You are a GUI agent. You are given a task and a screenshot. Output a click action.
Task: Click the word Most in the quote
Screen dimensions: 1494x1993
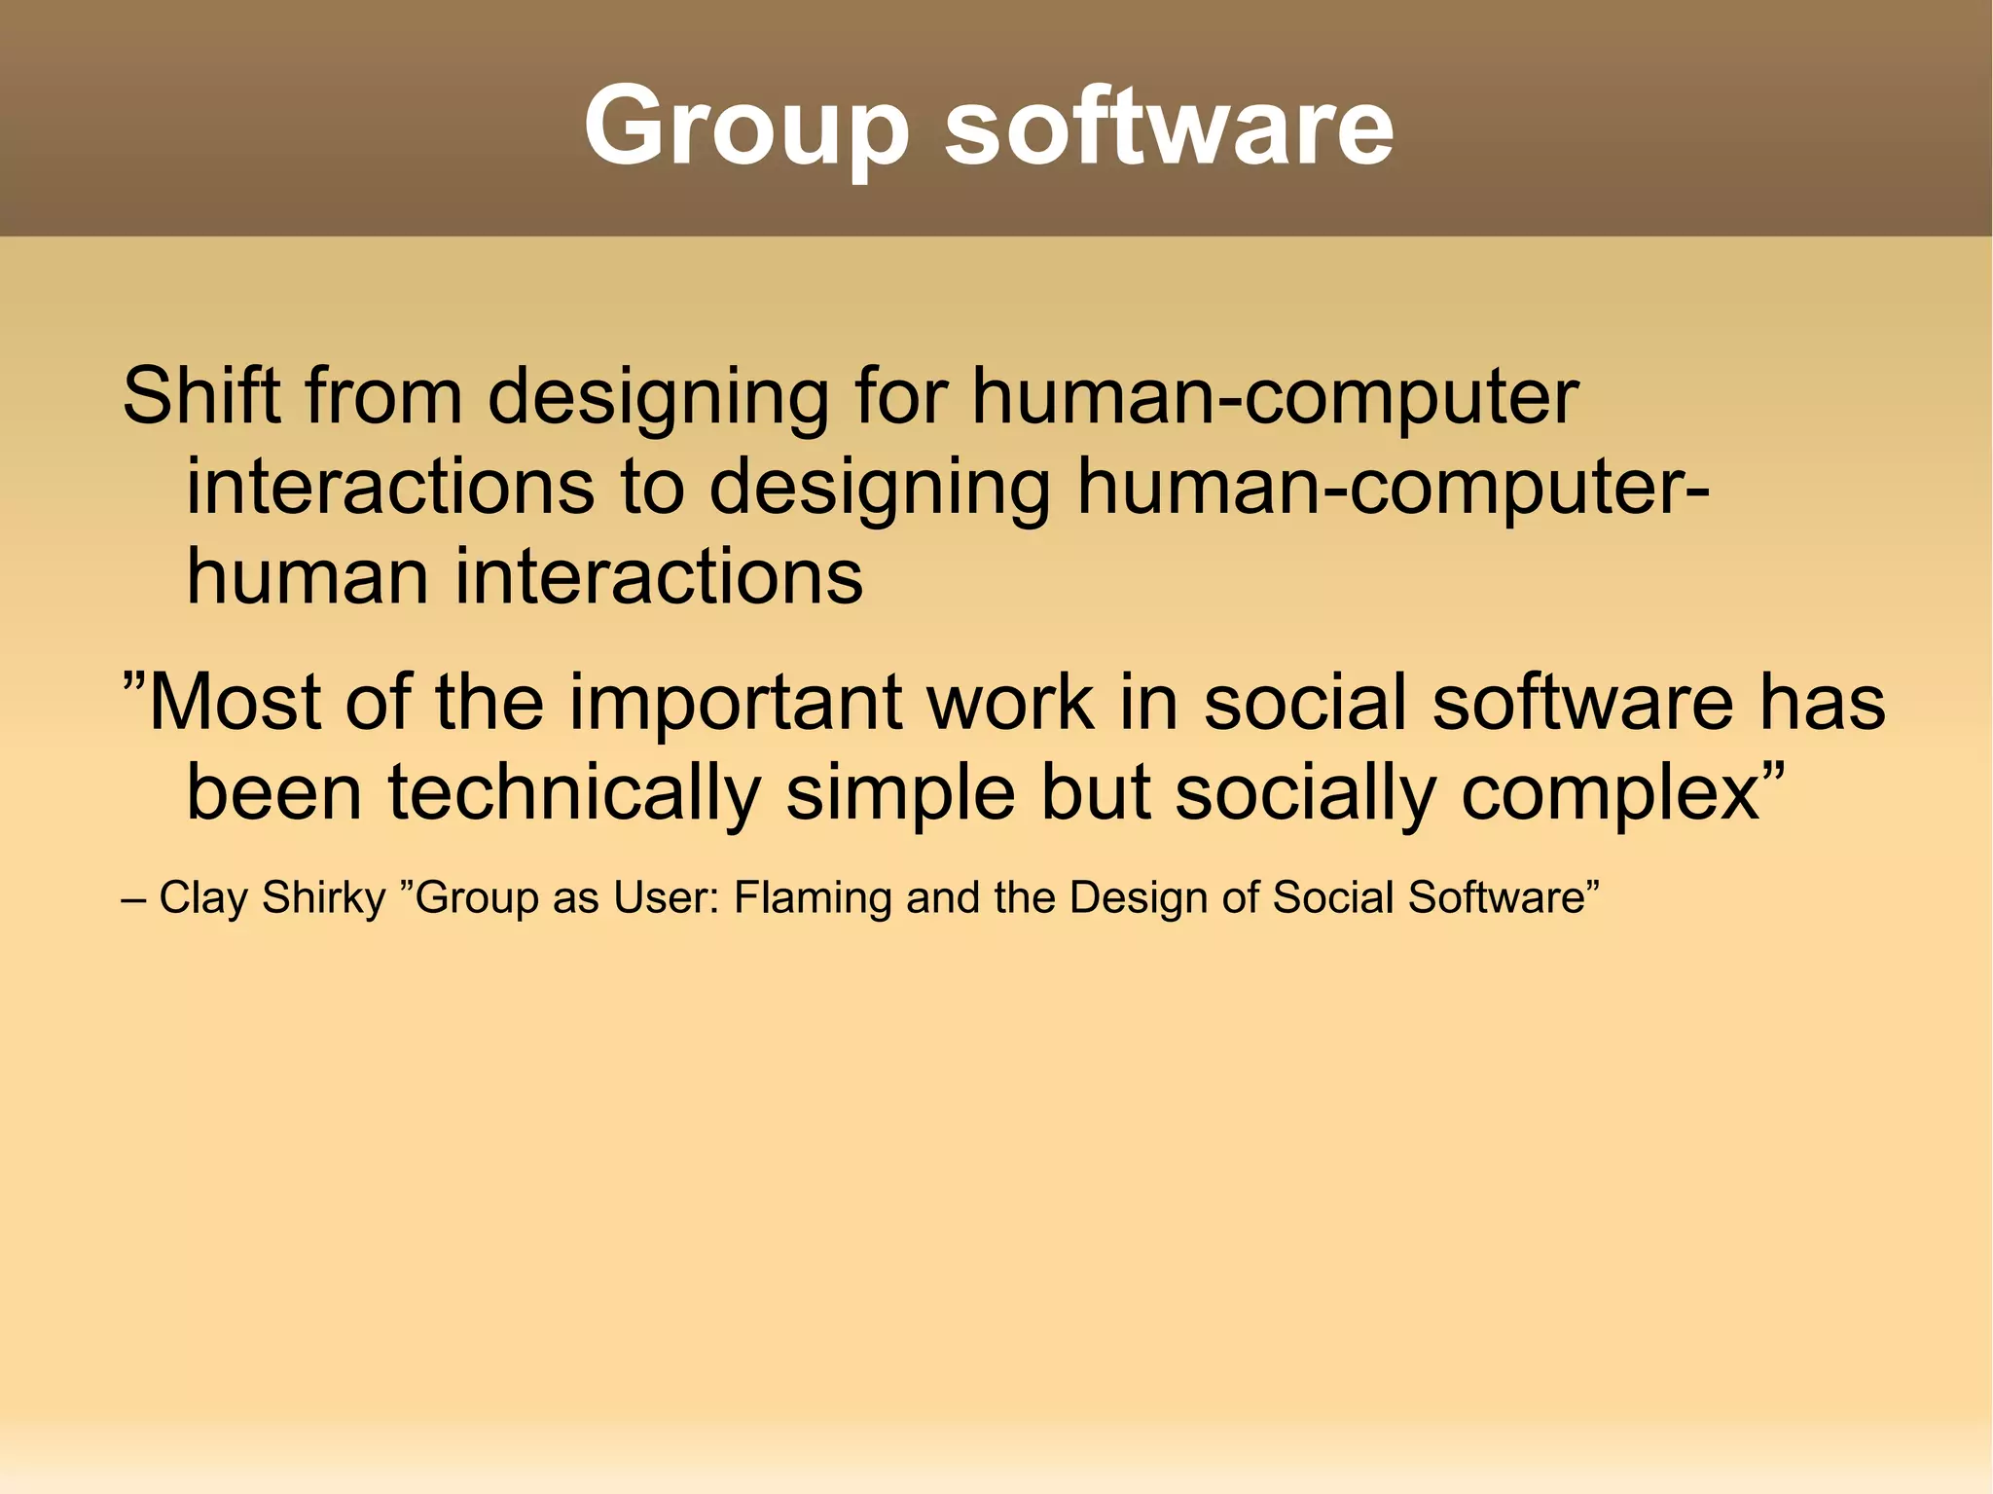[236, 703]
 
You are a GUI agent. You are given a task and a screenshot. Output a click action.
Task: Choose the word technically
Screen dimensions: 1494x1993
[573, 792]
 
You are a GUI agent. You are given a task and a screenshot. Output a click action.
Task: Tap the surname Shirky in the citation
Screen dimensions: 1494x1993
[324, 897]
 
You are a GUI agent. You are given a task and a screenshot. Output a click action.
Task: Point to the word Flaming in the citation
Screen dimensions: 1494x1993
[813, 897]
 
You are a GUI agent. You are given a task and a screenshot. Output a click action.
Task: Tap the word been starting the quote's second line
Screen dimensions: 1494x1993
[274, 792]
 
